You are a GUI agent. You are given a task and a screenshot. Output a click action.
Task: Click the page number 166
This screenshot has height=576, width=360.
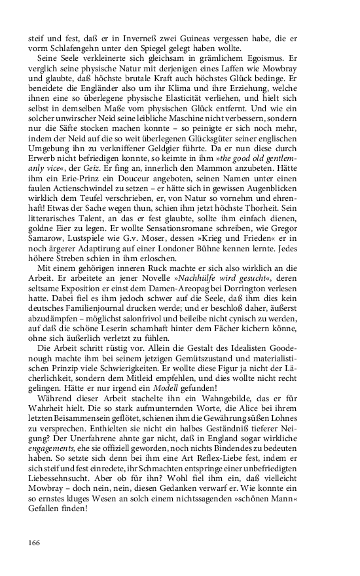[35, 542]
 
